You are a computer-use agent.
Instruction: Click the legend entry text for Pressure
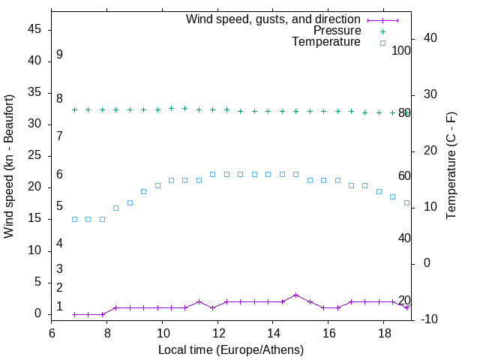pyautogui.click(x=337, y=31)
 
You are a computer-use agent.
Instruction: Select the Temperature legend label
pyautogui.click(x=326, y=42)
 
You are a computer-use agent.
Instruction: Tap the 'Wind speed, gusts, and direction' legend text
pyautogui.click(x=273, y=19)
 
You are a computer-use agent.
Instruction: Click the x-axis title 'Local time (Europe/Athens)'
pyautogui.click(x=231, y=349)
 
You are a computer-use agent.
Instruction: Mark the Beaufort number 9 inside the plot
pyautogui.click(x=59, y=55)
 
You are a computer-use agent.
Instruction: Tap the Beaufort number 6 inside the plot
pyautogui.click(x=59, y=175)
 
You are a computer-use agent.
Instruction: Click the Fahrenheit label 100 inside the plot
pyautogui.click(x=402, y=50)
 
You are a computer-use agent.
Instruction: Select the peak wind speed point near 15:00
pyautogui.click(x=296, y=295)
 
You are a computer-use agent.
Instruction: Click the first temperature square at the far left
pyautogui.click(x=74, y=219)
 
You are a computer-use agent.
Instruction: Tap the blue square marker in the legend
pyautogui.click(x=382, y=43)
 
